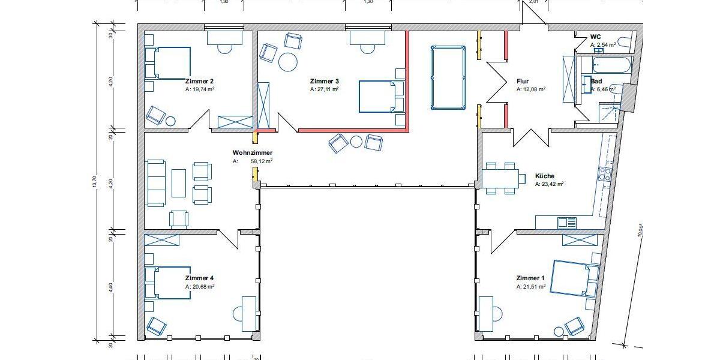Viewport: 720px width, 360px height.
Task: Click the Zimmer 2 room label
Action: tap(199, 81)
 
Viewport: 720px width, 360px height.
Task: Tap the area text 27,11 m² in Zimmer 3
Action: tap(325, 89)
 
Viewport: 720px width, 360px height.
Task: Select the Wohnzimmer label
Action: tap(247, 153)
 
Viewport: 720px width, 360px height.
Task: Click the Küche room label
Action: tap(545, 176)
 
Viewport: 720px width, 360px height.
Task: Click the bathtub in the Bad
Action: tap(611, 65)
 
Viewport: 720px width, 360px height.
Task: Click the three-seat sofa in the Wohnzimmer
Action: tap(156, 183)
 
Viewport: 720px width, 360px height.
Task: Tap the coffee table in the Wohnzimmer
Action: tap(179, 183)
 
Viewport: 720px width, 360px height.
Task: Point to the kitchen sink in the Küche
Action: tap(566, 223)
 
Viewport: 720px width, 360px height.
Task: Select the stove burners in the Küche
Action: tap(605, 175)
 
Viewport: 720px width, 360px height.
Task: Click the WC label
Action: tap(595, 37)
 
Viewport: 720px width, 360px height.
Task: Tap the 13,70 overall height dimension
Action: tap(94, 180)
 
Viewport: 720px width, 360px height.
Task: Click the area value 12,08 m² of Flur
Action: tap(530, 89)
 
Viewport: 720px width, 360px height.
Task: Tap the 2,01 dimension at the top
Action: tap(533, 2)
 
